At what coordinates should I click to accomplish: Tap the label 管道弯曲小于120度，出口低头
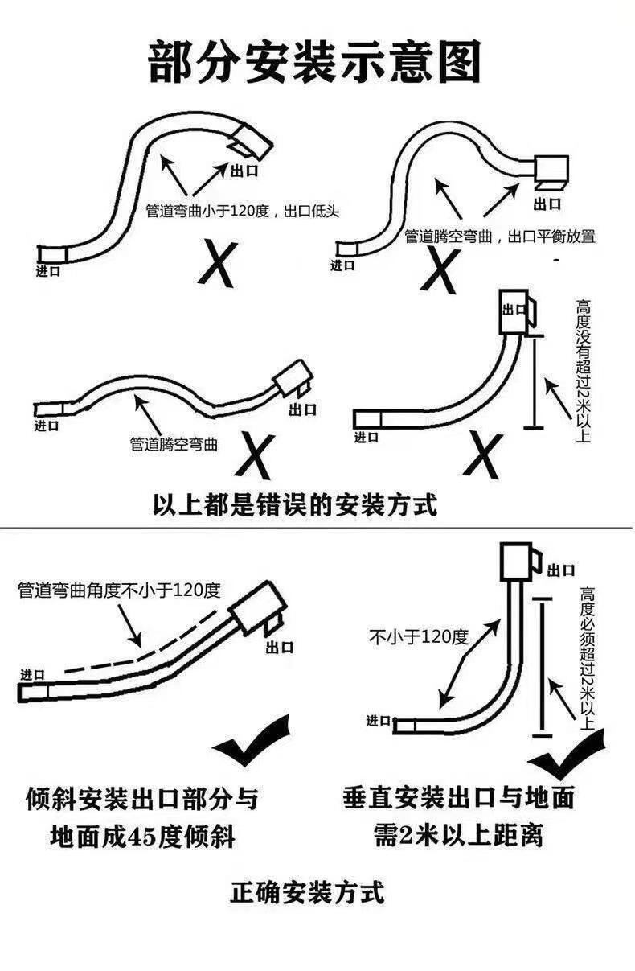coord(243,212)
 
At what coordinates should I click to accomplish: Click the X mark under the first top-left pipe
coord(216,261)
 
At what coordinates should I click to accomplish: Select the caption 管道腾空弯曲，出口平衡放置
coord(499,237)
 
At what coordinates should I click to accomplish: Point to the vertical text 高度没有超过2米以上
coord(583,371)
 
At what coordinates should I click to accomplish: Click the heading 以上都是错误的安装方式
coord(296,504)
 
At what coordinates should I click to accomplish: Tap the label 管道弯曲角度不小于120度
coord(118,590)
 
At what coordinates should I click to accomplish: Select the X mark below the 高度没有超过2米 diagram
coord(483,456)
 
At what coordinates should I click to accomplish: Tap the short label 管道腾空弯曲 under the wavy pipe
coord(174,443)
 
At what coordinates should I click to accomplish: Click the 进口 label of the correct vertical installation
coord(379,720)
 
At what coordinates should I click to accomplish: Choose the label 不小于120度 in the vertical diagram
coord(418,638)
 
